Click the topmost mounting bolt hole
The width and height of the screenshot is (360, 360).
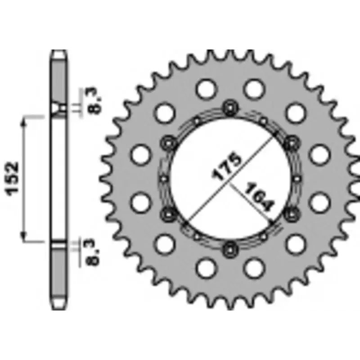pos(230,107)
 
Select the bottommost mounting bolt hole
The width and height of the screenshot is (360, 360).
pos(230,246)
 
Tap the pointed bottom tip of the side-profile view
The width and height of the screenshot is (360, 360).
pos(58,310)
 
